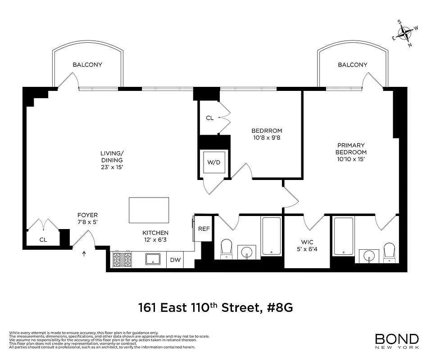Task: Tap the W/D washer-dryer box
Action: pyautogui.click(x=214, y=162)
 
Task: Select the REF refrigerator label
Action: pyautogui.click(x=204, y=229)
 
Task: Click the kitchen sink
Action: pyautogui.click(x=153, y=259)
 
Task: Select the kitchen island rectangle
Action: pyautogui.click(x=149, y=210)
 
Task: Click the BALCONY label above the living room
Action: pyautogui.click(x=87, y=65)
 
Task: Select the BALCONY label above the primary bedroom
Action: pyautogui.click(x=353, y=65)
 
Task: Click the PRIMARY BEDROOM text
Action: pyautogui.click(x=351, y=149)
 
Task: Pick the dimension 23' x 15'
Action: pyautogui.click(x=112, y=167)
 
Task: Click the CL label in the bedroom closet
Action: pyautogui.click(x=209, y=118)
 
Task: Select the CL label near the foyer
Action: pyautogui.click(x=43, y=240)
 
